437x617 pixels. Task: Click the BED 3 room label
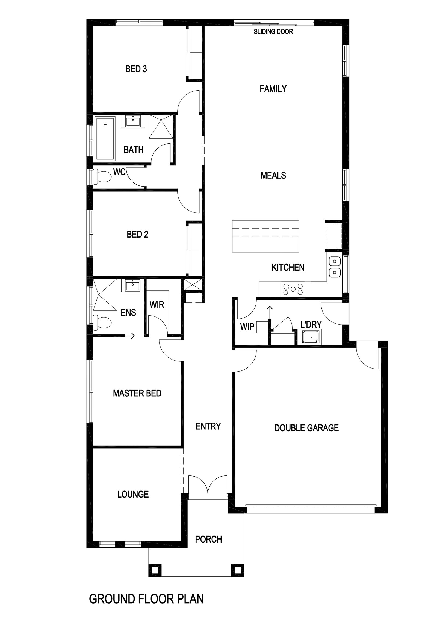[x=136, y=69]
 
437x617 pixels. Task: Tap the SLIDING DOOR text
[x=273, y=32]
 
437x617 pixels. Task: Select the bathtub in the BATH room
[x=105, y=139]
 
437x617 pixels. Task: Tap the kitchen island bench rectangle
[x=265, y=236]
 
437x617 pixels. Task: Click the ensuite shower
[x=105, y=295]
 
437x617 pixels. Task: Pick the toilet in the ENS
[x=102, y=323]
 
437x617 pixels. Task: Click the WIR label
[x=157, y=305]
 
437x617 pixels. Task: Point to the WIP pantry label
[x=247, y=327]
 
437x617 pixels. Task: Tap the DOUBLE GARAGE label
[x=306, y=428]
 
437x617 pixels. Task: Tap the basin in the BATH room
[x=133, y=121]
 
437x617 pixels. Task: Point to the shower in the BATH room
[x=161, y=127]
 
